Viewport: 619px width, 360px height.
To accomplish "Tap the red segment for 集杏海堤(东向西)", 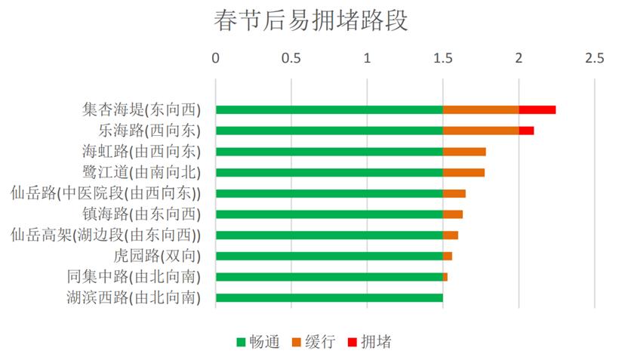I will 537,109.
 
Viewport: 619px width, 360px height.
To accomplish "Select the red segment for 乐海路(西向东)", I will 526,131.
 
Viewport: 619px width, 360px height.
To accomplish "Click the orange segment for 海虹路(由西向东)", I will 464,152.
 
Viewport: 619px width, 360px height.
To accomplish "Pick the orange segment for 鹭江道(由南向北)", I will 463,172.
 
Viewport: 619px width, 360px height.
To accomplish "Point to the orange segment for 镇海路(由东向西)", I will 453,214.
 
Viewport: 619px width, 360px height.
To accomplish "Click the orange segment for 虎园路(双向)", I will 448,256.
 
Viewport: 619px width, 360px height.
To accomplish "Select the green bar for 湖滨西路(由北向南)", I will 329,297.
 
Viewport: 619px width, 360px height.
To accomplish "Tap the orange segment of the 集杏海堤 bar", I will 481,109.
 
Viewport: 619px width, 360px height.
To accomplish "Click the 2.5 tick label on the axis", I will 594,58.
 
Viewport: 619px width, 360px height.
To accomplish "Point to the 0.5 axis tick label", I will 291,58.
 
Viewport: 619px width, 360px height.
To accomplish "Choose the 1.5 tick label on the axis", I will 443,58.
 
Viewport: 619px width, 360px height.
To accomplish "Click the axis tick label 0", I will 216,58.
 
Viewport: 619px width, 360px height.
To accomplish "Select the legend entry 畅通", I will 257,342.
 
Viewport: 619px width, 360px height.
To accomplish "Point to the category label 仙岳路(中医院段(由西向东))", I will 111,193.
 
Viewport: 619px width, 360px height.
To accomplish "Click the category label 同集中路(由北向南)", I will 134,277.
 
